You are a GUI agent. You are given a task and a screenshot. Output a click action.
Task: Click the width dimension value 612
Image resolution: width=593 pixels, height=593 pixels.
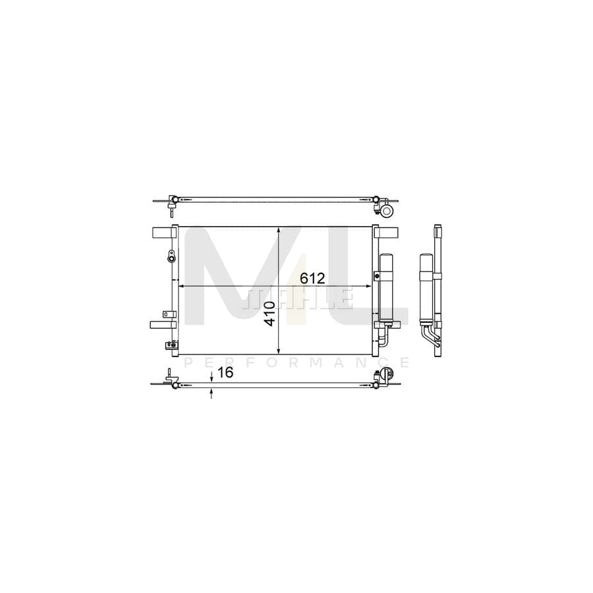(x=312, y=278)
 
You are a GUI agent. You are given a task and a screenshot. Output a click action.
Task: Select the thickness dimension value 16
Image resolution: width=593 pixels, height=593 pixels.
(x=225, y=373)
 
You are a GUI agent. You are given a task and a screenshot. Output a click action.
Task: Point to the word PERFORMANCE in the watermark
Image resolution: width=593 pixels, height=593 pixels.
(x=297, y=362)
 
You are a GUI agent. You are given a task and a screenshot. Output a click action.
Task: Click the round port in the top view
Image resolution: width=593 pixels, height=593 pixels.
(x=387, y=211)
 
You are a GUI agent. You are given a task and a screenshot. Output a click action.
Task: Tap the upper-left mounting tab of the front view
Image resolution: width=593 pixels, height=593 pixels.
(x=162, y=233)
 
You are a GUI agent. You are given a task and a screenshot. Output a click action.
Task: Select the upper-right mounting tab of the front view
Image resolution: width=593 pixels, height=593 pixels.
(x=387, y=233)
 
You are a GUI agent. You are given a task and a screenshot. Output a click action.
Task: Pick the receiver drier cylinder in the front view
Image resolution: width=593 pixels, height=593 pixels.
(x=385, y=287)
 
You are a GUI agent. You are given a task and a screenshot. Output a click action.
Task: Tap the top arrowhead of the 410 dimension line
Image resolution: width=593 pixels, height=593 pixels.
(x=280, y=231)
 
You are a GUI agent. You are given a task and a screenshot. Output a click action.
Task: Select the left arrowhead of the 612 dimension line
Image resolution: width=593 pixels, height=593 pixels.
(x=183, y=287)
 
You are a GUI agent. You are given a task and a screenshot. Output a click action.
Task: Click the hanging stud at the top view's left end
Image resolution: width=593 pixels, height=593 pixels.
(x=171, y=210)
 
